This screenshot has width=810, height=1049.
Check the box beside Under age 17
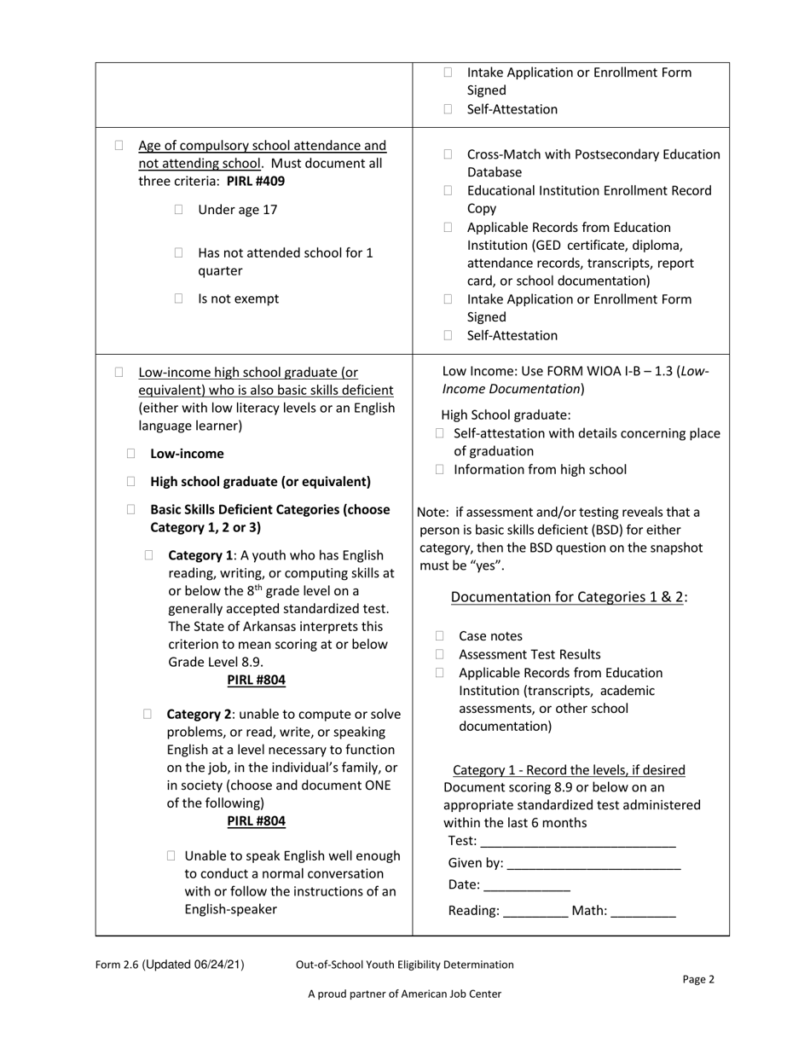click(179, 210)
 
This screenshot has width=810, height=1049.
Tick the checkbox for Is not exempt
click(179, 298)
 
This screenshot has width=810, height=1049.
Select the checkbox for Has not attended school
click(179, 253)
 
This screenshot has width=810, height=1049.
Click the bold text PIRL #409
click(256, 182)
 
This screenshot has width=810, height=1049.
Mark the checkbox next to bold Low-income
click(131, 454)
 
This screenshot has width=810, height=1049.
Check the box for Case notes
click(440, 636)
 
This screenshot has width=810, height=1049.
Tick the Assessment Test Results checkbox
click(440, 655)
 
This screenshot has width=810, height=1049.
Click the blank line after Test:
click(578, 842)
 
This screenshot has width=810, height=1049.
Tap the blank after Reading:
click(535, 911)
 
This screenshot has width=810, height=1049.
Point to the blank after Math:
click(644, 911)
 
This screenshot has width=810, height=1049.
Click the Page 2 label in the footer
click(698, 979)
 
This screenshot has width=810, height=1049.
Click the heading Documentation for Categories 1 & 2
click(568, 597)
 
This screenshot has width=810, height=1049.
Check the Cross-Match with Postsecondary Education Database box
click(448, 154)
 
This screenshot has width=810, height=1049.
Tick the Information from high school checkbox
click(440, 469)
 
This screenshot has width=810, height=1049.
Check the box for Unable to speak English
click(172, 855)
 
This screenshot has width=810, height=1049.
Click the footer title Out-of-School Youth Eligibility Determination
click(404, 965)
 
